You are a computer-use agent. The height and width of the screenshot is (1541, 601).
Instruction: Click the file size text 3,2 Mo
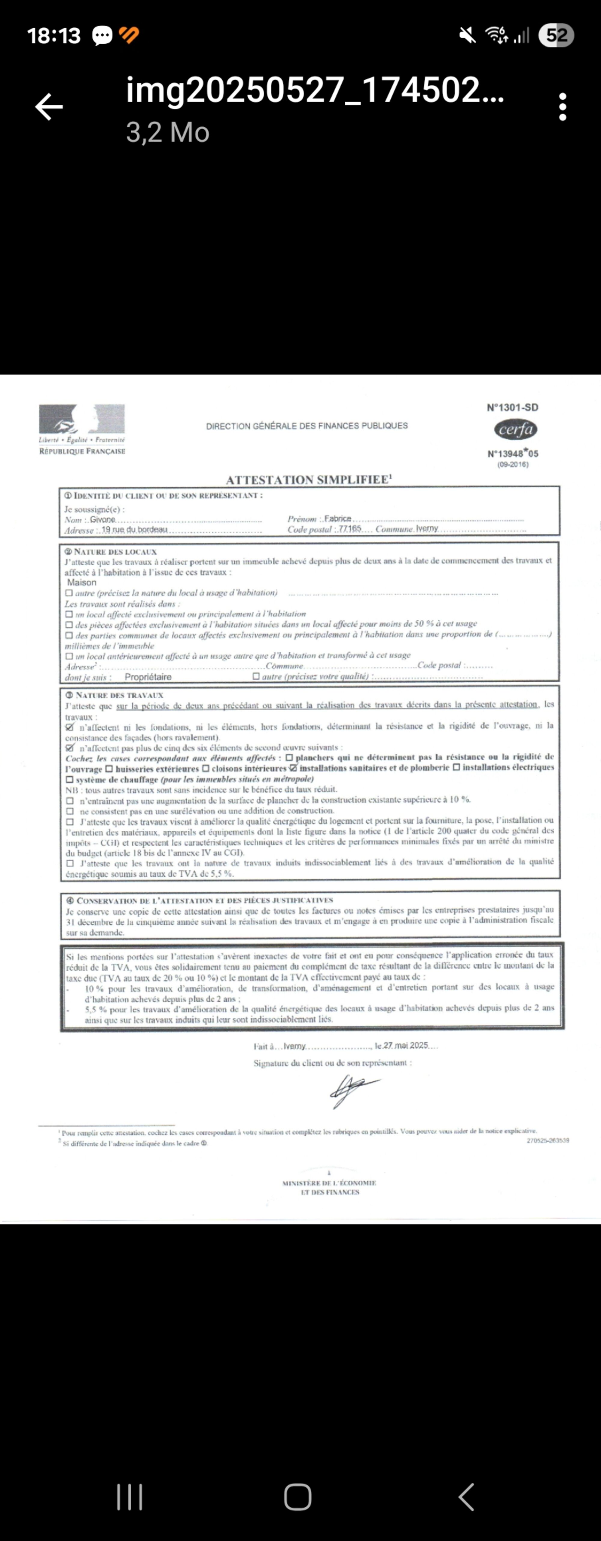point(167,132)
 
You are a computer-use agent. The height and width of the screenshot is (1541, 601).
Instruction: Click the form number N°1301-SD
point(512,408)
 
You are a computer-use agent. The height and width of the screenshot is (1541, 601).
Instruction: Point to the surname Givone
point(103,519)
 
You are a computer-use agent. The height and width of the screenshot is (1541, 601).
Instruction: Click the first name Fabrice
point(338,519)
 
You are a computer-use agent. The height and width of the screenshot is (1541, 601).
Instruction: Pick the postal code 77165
point(350,529)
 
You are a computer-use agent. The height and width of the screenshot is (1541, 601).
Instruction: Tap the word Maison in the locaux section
point(82,582)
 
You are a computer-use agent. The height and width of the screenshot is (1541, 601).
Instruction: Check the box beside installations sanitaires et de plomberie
point(293,767)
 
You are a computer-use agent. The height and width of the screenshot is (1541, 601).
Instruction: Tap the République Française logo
point(82,429)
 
